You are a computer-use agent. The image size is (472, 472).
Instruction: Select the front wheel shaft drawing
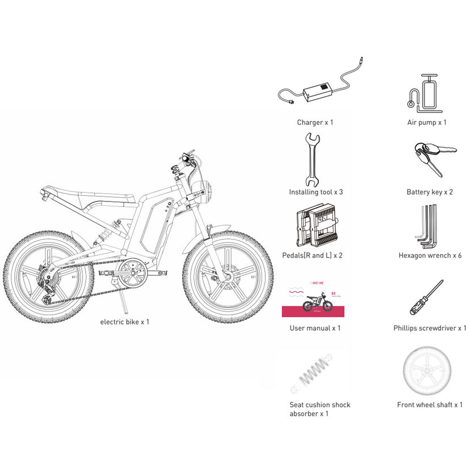(428, 371)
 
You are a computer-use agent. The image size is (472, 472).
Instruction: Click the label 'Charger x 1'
(315, 122)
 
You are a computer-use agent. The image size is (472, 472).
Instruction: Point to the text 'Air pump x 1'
(427, 122)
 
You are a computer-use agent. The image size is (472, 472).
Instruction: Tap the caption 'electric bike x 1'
(125, 322)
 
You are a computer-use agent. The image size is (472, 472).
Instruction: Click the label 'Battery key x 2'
(429, 192)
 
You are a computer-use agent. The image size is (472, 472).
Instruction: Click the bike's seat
(91, 193)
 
